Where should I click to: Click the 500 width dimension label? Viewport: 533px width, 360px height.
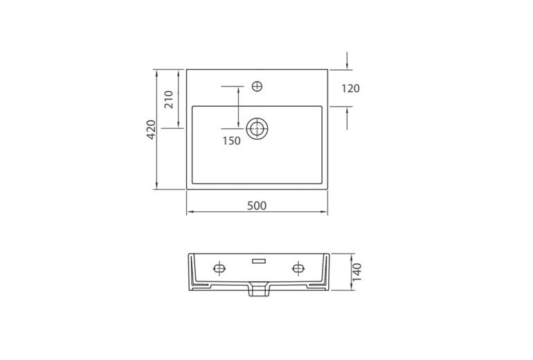coord(257,206)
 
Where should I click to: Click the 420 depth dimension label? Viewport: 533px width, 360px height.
coord(151,129)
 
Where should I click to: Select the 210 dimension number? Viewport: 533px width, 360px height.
coord(169,99)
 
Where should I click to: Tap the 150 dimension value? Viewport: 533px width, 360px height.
coord(231,141)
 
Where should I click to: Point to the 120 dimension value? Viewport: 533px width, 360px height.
coord(350,89)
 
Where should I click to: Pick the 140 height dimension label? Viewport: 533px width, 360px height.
coord(357,272)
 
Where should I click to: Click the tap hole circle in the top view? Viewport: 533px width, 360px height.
coord(257,87)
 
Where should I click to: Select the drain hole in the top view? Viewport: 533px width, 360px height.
coord(257,129)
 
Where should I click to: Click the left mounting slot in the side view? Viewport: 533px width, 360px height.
coord(219,269)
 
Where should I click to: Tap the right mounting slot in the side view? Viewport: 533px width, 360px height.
coord(298,269)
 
